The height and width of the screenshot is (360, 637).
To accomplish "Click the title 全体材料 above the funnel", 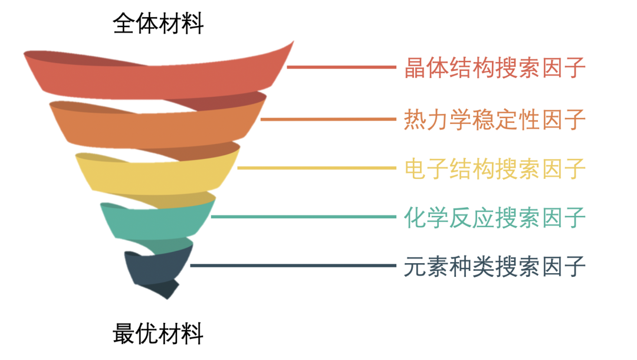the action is [158, 24].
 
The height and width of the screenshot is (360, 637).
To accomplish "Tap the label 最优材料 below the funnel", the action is [158, 334].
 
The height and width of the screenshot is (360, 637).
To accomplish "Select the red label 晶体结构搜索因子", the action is [495, 68].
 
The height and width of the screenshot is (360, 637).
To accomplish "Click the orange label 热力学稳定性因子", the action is [495, 120].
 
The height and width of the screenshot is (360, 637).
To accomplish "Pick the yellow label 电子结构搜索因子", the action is [495, 169].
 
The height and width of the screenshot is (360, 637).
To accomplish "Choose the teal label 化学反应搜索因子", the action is [495, 217].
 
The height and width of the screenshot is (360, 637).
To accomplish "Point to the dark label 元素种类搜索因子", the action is [495, 266].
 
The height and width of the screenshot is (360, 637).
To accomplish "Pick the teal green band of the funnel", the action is [156, 221].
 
